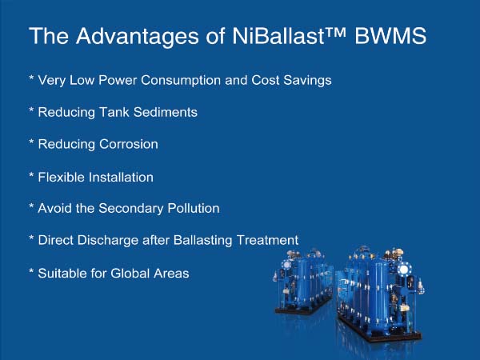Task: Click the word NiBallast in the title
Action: (x=278, y=36)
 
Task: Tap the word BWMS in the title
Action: (x=390, y=36)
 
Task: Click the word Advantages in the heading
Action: (x=138, y=37)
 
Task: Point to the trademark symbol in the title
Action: (x=335, y=32)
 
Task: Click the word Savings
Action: (x=307, y=81)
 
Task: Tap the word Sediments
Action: (x=166, y=112)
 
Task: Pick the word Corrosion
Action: (x=129, y=144)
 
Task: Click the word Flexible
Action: (x=62, y=178)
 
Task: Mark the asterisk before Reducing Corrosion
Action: (x=31, y=142)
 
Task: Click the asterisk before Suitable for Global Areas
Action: (x=31, y=270)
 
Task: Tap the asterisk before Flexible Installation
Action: (x=31, y=174)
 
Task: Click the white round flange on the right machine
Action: (x=404, y=270)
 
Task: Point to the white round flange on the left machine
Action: (x=287, y=265)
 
